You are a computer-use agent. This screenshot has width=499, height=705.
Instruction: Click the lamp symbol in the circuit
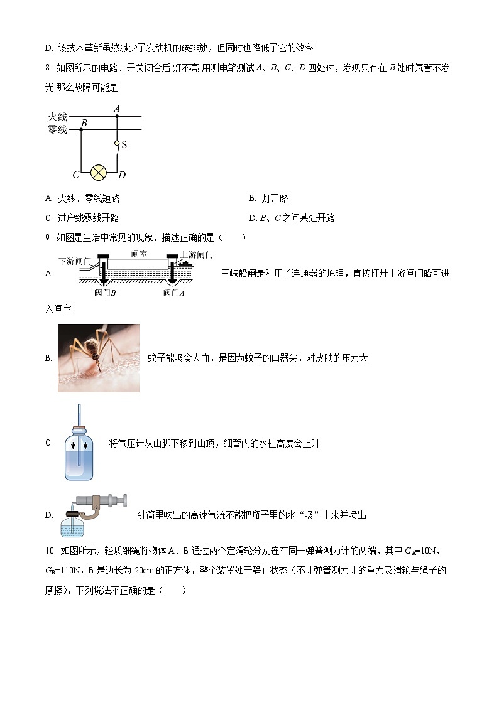click(x=98, y=174)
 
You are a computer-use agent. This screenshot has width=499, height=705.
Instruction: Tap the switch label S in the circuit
click(x=124, y=145)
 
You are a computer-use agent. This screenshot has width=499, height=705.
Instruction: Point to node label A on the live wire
click(x=116, y=109)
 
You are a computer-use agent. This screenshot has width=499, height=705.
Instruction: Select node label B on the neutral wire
click(x=84, y=123)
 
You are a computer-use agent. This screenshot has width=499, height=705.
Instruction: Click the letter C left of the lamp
click(x=75, y=175)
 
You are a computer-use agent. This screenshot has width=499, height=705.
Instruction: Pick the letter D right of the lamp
click(x=122, y=175)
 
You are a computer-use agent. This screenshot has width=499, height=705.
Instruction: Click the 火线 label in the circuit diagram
click(x=57, y=117)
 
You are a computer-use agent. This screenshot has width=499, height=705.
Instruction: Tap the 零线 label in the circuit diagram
click(x=57, y=130)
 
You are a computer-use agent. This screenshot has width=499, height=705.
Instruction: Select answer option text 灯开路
click(x=274, y=198)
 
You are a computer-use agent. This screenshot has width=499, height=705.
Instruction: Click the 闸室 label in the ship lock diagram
click(x=139, y=254)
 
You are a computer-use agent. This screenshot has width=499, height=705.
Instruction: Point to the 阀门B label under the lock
click(x=105, y=293)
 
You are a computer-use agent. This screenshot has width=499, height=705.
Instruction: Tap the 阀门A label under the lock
click(x=173, y=293)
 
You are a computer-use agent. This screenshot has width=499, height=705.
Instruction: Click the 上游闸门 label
click(x=197, y=254)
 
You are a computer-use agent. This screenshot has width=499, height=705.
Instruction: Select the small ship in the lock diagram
click(x=187, y=264)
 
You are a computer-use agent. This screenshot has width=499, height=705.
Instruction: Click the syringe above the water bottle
click(x=101, y=500)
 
